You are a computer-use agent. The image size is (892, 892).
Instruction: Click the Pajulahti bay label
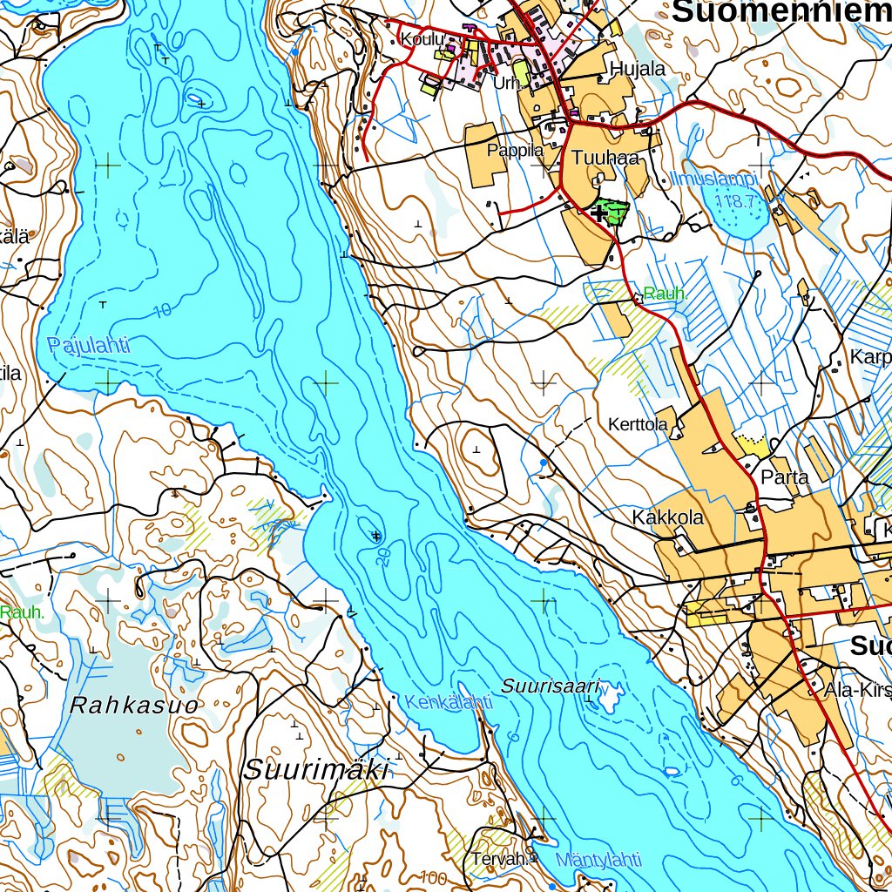(89, 346)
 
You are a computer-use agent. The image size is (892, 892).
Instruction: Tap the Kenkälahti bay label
(443, 702)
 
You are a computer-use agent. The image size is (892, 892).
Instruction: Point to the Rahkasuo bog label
(134, 705)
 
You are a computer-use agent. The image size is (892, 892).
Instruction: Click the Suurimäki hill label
(315, 769)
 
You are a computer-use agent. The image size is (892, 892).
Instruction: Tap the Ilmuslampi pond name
(715, 180)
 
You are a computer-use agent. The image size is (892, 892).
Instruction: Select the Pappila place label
(515, 150)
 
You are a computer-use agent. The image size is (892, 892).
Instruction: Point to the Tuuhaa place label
(606, 158)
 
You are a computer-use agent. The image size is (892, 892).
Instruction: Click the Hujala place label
(638, 69)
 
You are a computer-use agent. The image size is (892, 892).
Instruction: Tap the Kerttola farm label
(638, 424)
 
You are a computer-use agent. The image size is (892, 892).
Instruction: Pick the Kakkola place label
(667, 517)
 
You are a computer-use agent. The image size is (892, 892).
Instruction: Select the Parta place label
(785, 477)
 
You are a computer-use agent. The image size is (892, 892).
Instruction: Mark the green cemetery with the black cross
(607, 212)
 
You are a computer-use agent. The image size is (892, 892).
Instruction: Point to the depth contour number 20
(382, 557)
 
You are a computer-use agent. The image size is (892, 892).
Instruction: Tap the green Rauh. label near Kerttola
(666, 294)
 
